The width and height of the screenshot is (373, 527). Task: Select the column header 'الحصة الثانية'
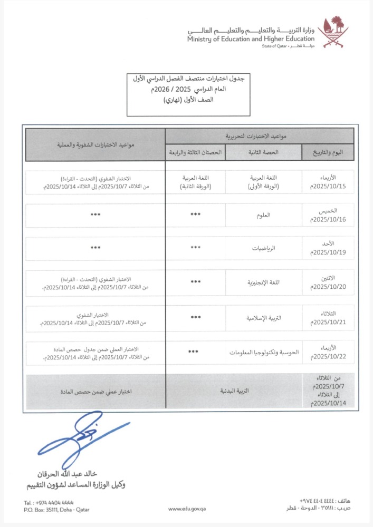point(263,152)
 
